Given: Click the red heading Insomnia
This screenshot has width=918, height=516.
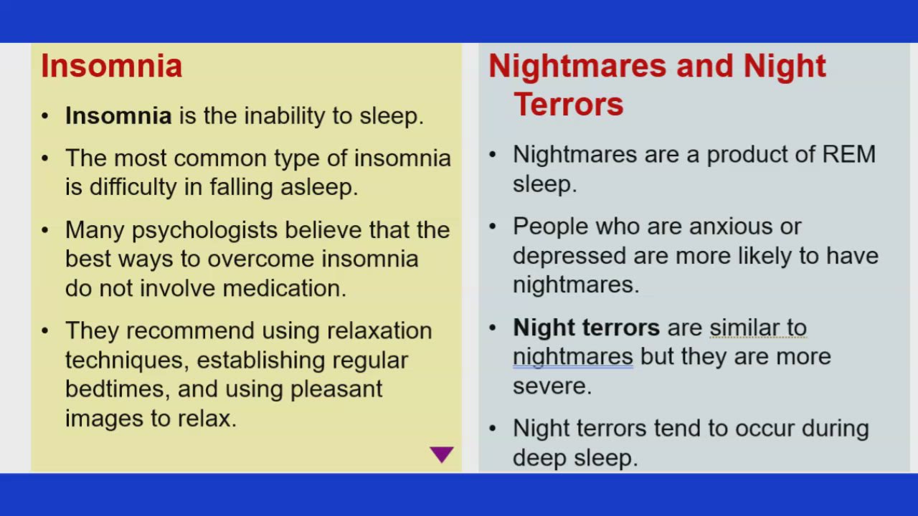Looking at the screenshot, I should [x=111, y=66].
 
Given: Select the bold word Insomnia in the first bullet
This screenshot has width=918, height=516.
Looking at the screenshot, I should [x=118, y=115].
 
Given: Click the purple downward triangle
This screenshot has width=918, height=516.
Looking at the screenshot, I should [x=442, y=454].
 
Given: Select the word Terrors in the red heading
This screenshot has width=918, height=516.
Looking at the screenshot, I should [x=568, y=104].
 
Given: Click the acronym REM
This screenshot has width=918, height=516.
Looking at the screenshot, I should [x=848, y=154].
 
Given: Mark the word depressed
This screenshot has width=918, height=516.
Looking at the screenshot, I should [x=569, y=256].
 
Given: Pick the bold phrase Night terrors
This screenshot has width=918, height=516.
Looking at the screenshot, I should [x=586, y=328].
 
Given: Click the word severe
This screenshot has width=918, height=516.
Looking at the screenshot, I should [x=552, y=386].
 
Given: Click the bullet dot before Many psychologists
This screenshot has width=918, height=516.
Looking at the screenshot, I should [x=46, y=230].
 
